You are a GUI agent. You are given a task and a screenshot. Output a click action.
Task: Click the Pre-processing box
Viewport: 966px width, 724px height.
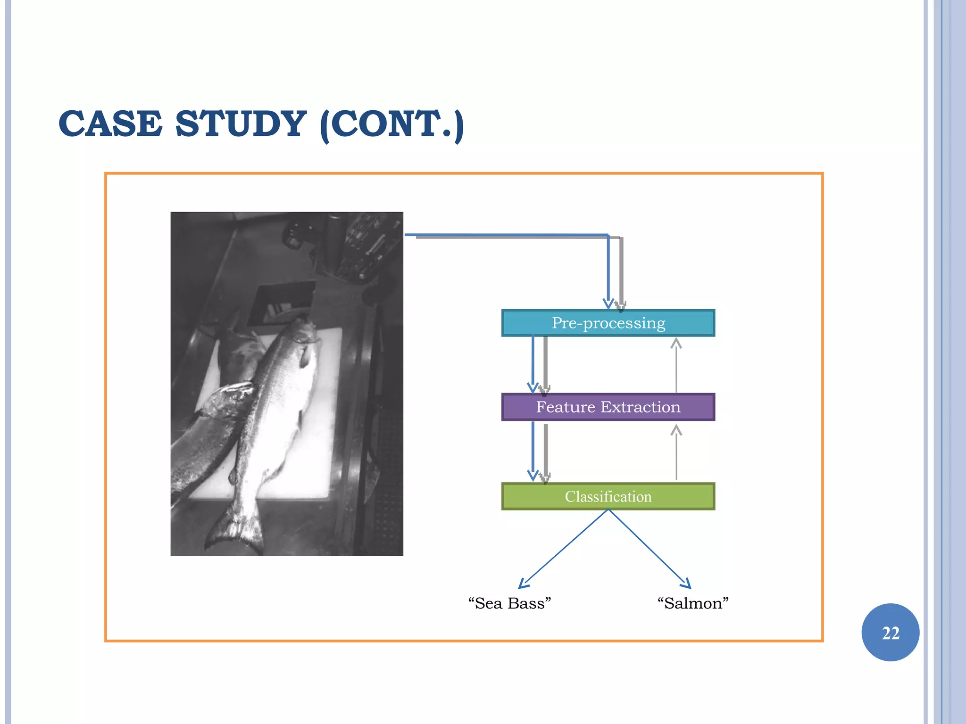(x=608, y=323)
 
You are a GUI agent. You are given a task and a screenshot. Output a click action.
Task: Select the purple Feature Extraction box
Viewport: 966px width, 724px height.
(x=608, y=407)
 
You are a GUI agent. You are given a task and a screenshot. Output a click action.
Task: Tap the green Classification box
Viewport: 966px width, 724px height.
(x=608, y=496)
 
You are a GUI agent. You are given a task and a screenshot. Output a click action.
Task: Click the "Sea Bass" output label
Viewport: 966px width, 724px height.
(x=509, y=603)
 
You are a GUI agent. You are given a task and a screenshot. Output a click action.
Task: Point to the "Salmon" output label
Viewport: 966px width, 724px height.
(x=693, y=603)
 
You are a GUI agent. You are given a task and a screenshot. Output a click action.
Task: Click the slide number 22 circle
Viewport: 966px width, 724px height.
(x=890, y=632)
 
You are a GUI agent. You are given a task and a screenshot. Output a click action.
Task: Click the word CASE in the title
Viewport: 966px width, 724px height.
(x=110, y=124)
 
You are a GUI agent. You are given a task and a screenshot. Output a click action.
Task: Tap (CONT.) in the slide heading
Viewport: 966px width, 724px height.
(x=391, y=124)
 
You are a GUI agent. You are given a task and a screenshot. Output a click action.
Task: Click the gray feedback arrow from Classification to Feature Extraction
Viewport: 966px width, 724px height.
(x=676, y=452)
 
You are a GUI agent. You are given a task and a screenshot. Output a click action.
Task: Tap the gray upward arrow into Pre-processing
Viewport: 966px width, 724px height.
(x=676, y=365)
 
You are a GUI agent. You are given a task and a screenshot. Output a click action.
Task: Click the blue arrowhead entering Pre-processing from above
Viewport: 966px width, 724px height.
(x=608, y=303)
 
